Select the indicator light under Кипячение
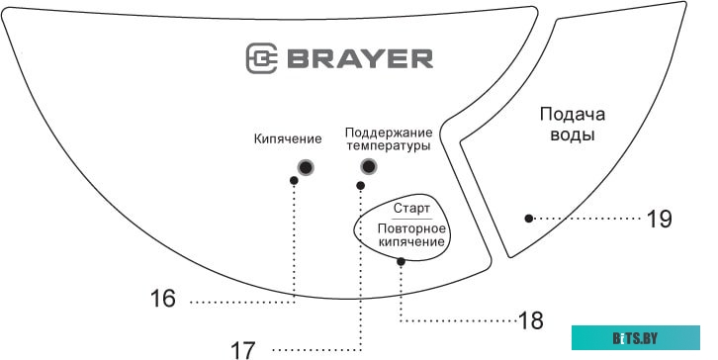click(x=307, y=166)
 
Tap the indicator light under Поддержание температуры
click(x=369, y=166)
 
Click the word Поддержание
click(x=388, y=132)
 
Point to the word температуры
click(x=388, y=146)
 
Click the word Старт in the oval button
click(x=411, y=209)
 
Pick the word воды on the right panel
click(x=573, y=135)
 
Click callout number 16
click(x=166, y=300)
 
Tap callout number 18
click(x=531, y=320)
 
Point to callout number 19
click(x=659, y=219)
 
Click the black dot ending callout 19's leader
click(x=530, y=218)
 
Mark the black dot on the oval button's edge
click(x=401, y=262)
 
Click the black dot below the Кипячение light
click(x=294, y=181)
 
